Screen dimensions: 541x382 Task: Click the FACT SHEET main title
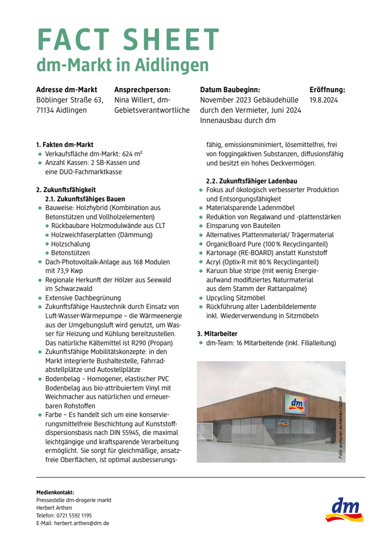pos(128,40)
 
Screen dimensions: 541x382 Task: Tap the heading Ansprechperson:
pos(142,90)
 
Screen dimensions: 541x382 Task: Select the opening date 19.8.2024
pos(324,100)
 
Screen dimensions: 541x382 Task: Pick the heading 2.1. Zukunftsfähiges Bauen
pos(85,199)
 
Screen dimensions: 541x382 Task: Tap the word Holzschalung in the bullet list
pos(71,244)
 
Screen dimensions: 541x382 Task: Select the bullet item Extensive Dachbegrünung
pos(83,298)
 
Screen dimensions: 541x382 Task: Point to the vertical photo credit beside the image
pos(340,427)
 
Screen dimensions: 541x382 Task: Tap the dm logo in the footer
pos(344,509)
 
